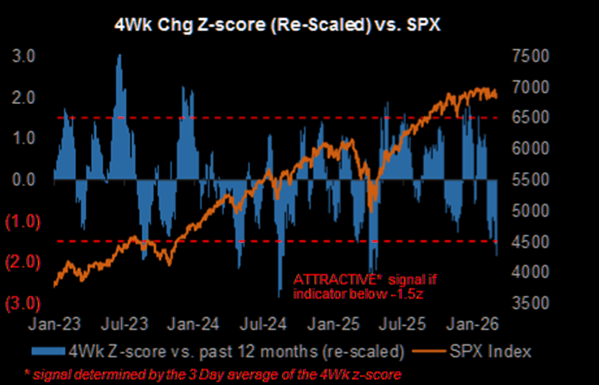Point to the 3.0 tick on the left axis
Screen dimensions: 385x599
point(23,56)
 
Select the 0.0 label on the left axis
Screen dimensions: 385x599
point(23,179)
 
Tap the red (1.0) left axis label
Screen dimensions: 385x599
point(22,221)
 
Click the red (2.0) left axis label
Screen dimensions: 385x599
point(22,262)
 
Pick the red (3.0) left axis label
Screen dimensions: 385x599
point(22,303)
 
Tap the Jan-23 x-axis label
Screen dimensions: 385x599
point(55,326)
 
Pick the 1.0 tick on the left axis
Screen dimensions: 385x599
point(23,139)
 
